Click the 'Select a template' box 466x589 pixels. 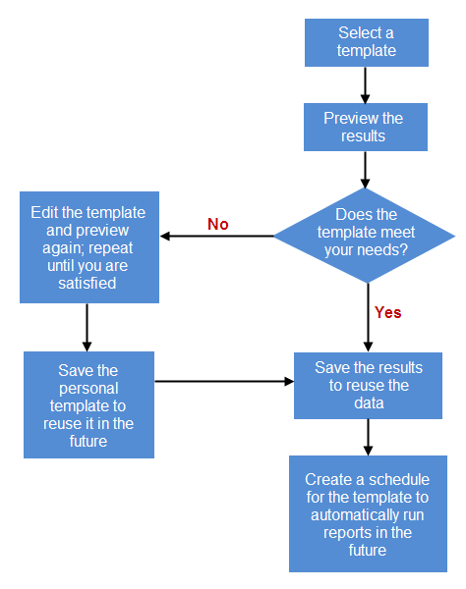pos(366,41)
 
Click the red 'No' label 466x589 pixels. pos(217,225)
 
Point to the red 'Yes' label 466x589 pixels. pos(387,312)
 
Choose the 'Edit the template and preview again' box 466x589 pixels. pos(88,247)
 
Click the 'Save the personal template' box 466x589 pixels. pos(88,404)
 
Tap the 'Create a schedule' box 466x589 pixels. pos(367,514)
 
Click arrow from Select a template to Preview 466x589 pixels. pos(366,84)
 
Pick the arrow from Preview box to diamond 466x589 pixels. pos(366,169)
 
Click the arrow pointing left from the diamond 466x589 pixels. pos(216,236)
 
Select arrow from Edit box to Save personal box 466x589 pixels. pos(87,327)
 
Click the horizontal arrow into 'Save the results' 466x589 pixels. pos(224,380)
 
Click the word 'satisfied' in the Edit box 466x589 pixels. pos(87,284)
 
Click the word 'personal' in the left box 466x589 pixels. pos(88,388)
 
